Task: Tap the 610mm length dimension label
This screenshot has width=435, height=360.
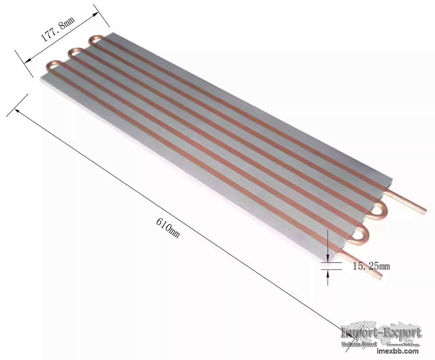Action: click(x=168, y=228)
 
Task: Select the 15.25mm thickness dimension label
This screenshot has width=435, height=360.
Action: click(x=371, y=266)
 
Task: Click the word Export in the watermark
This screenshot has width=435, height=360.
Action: click(x=401, y=332)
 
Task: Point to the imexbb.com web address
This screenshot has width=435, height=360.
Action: click(x=398, y=351)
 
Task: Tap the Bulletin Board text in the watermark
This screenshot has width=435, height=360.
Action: click(x=359, y=343)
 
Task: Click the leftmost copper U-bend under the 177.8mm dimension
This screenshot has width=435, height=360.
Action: click(x=53, y=64)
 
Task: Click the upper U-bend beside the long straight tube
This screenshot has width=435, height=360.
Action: click(x=379, y=211)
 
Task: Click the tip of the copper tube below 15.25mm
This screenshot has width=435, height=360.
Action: click(x=379, y=276)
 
